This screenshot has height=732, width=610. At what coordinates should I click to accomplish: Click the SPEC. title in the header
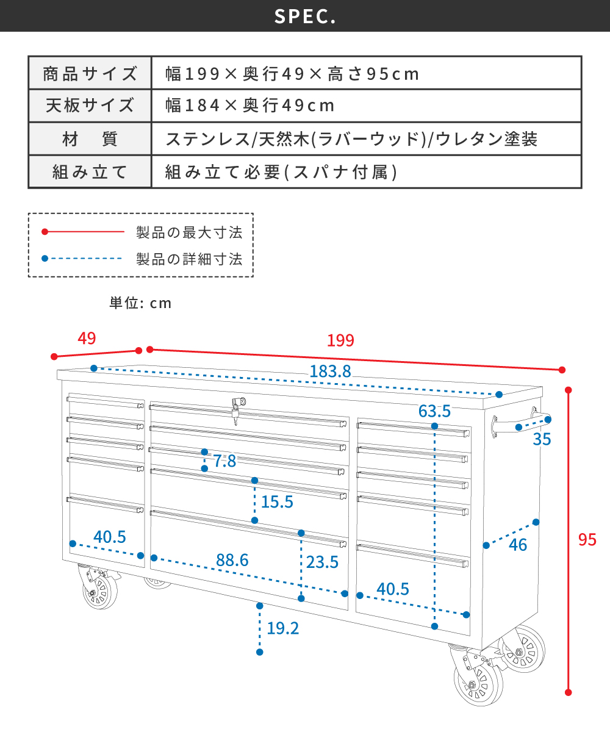(305, 16)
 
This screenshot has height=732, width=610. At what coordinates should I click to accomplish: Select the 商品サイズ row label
(90, 74)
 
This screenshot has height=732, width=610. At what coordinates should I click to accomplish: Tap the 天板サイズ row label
(90, 106)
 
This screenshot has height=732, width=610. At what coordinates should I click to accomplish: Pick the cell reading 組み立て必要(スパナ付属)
(282, 173)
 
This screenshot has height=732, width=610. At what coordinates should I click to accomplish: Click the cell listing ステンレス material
(351, 139)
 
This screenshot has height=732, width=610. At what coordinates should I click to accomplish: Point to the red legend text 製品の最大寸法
(190, 232)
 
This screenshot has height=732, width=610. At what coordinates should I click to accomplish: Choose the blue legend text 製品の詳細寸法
(190, 259)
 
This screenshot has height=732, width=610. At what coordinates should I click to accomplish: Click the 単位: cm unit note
(140, 303)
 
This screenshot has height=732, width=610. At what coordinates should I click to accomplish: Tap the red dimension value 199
(340, 340)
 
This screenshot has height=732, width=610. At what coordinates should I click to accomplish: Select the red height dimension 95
(587, 539)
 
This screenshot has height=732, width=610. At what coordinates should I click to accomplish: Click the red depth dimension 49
(87, 339)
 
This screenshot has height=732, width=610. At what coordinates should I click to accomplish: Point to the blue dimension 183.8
(330, 371)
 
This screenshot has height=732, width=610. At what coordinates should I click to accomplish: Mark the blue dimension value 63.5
(434, 411)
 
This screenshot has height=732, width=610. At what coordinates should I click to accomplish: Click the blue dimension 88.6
(232, 560)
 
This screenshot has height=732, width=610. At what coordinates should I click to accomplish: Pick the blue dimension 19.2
(283, 628)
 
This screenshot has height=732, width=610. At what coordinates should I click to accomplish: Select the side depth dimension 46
(518, 545)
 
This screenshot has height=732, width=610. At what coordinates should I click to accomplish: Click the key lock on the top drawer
(237, 408)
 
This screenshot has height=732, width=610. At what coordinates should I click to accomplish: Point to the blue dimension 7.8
(224, 461)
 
